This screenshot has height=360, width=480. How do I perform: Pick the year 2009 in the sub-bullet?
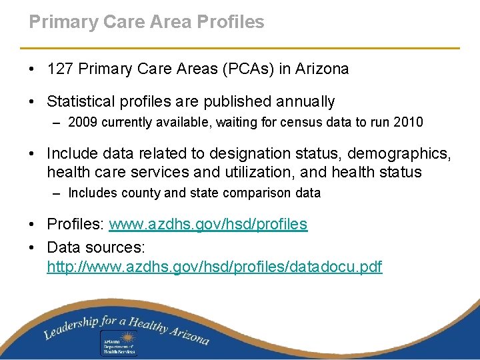pos(82,122)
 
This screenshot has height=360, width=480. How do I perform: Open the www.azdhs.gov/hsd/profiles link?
pos(208,224)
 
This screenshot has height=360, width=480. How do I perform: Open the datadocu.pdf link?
pos(215,267)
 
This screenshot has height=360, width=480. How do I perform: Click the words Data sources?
pos(95,247)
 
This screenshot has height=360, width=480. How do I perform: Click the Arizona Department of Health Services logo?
pos(118,339)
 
